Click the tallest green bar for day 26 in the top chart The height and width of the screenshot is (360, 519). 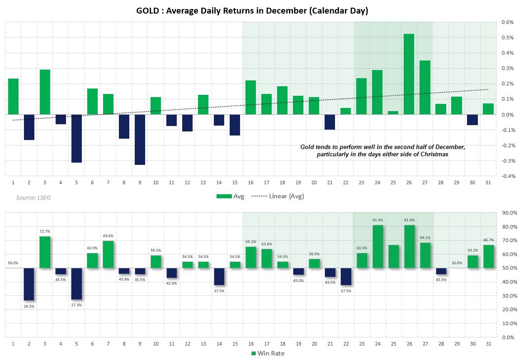point(409,74)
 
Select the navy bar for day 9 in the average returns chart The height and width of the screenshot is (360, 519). point(140,140)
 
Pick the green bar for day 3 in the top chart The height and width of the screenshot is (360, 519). point(45,92)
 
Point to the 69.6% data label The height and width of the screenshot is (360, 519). point(108,236)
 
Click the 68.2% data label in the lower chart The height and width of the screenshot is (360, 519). point(425,238)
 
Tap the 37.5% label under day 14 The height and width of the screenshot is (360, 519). point(219,291)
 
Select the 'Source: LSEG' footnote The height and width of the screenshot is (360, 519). point(33,197)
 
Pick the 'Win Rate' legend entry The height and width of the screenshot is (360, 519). point(268,353)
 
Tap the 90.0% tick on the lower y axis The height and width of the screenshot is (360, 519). point(509,213)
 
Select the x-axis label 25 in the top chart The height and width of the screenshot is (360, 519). point(393,182)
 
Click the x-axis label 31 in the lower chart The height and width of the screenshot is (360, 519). point(488,344)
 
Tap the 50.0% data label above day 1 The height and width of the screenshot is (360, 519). point(13,263)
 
